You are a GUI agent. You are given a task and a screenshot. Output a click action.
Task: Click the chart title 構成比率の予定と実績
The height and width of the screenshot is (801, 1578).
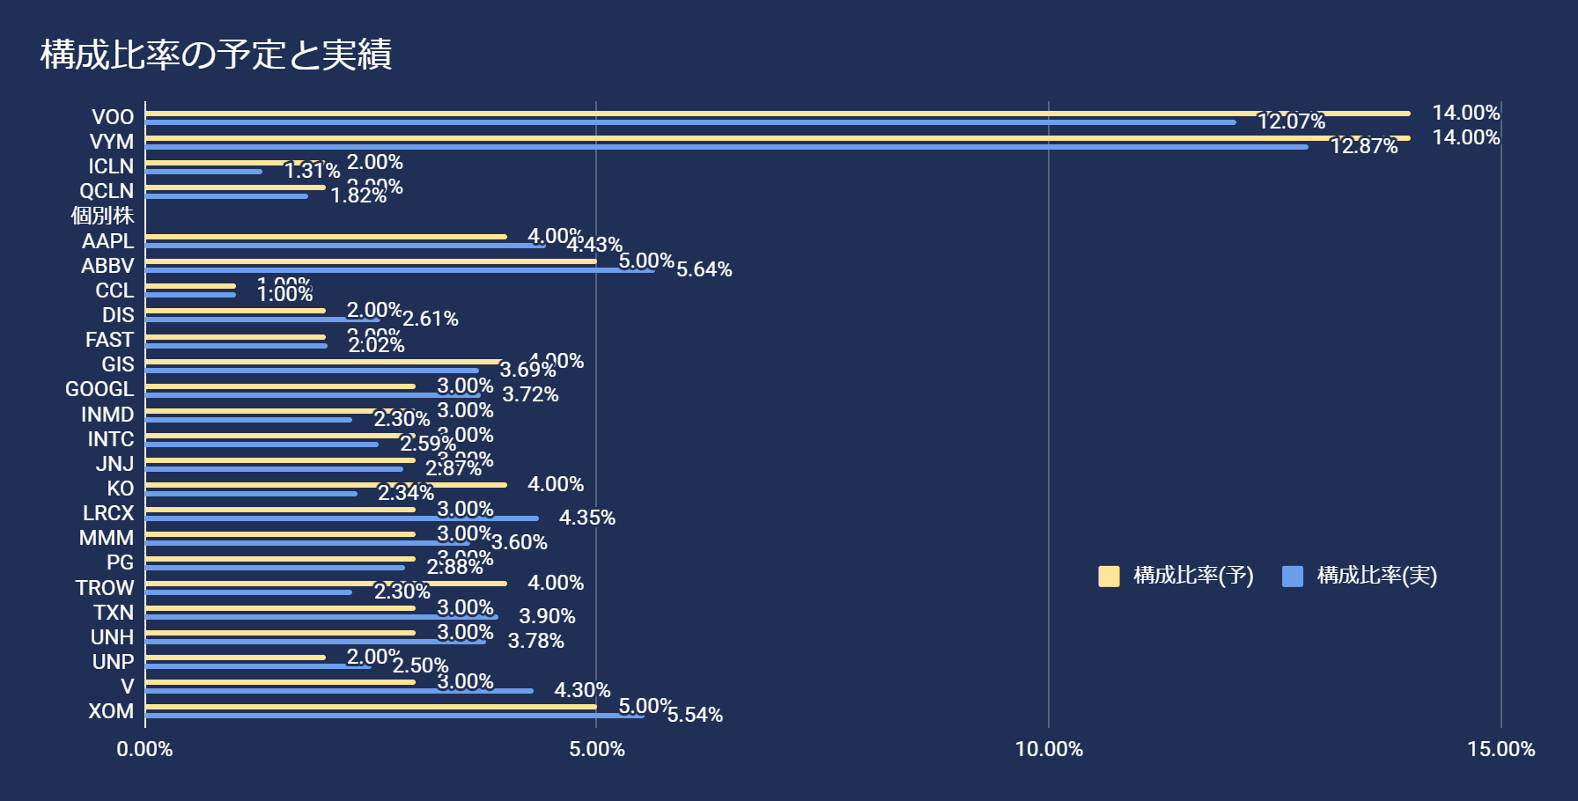tap(216, 55)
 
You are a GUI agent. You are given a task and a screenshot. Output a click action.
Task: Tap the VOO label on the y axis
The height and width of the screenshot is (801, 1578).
tap(113, 117)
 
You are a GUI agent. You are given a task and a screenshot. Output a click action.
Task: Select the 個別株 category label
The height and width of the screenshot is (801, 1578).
tap(102, 216)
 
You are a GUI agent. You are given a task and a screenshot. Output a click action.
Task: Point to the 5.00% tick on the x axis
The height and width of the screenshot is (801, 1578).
tap(597, 749)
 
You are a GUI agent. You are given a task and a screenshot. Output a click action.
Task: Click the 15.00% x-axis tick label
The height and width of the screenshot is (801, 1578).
tap(1501, 749)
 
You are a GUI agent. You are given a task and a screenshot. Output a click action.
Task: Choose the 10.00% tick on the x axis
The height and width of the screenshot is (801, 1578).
tap(1049, 749)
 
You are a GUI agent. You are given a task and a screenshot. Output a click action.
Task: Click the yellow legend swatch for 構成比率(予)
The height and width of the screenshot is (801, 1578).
tap(1109, 577)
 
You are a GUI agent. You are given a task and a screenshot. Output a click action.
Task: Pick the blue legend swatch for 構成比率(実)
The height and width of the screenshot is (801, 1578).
tap(1292, 577)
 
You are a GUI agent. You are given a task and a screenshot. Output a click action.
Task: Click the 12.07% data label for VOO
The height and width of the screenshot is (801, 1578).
tap(1291, 121)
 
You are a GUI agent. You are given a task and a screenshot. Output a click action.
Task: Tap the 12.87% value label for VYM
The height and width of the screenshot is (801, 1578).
tap(1363, 146)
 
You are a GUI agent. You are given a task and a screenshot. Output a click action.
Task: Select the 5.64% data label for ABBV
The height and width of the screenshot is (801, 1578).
tap(704, 269)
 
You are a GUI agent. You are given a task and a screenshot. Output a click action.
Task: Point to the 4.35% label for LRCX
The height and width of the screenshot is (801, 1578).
tap(586, 518)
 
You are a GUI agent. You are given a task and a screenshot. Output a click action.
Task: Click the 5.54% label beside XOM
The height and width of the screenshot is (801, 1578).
tap(695, 715)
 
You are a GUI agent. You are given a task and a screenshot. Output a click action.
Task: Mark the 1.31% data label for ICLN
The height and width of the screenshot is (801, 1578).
tap(312, 171)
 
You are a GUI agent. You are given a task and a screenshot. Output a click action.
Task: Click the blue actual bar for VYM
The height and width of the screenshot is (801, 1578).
tap(726, 147)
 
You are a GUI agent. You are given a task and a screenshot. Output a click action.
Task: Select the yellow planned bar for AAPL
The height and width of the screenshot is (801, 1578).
tap(326, 237)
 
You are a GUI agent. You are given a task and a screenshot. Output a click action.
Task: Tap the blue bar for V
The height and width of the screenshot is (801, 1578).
tap(339, 691)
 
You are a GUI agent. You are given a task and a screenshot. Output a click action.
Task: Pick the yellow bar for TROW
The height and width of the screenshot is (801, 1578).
tap(326, 583)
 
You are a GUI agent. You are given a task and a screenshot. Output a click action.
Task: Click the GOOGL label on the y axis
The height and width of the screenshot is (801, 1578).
tap(100, 389)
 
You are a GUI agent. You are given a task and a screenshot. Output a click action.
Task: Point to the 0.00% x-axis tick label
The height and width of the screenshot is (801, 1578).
tap(144, 749)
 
